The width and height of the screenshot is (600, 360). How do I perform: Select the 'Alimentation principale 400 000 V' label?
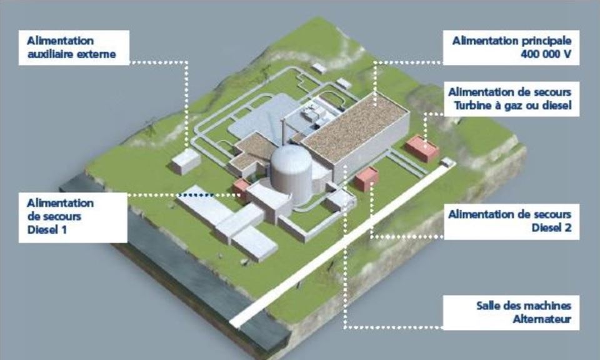point(511,47)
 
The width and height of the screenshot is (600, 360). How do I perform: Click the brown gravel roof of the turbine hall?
point(355,126)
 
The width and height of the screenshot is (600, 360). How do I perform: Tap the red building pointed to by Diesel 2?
point(366,178)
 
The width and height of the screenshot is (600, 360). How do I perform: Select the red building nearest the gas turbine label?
point(422,149)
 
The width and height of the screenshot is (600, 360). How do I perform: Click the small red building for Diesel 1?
point(241,188)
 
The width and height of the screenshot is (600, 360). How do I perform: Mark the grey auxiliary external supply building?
point(186,161)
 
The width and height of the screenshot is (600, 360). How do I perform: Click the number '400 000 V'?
point(546,54)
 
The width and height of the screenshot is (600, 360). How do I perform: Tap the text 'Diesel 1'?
point(47,230)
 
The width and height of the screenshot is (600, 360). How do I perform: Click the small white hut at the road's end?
point(446,162)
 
